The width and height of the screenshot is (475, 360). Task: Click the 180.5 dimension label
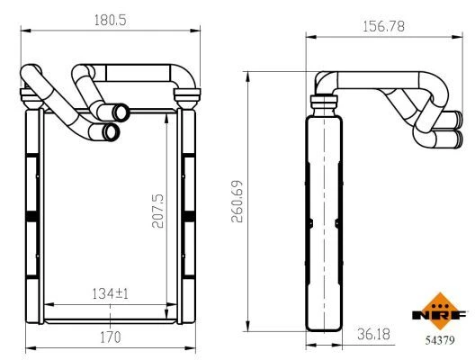[111, 21]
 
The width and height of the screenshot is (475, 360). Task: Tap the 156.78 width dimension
[383, 26]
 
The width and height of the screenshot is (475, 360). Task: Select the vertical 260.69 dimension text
[237, 202]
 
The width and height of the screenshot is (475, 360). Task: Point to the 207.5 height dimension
[157, 211]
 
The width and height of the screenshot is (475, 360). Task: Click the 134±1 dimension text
[110, 293]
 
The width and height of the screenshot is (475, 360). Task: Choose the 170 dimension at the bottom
[111, 337]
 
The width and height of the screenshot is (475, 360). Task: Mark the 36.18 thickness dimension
[373, 334]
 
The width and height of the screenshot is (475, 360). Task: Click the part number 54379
[440, 340]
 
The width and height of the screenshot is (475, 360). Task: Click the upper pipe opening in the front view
[121, 112]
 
